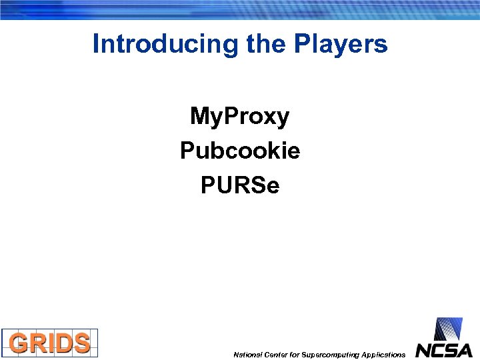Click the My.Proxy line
click(x=239, y=117)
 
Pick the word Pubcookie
click(x=240, y=151)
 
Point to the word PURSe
click(x=240, y=186)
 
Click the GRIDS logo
click(x=50, y=343)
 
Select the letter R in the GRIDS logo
click(x=40, y=343)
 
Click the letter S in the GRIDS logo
click(x=81, y=343)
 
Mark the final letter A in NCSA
click(x=464, y=350)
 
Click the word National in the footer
click(x=247, y=355)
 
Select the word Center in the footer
click(x=275, y=355)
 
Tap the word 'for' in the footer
click(x=295, y=355)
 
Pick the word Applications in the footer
click(x=381, y=355)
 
